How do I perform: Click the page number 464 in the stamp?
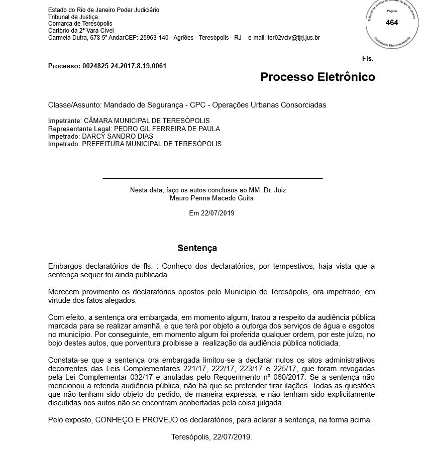click(x=392, y=23)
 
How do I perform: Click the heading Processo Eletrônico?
click(x=317, y=77)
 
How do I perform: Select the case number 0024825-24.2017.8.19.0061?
click(x=124, y=66)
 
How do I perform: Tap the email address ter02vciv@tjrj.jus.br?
click(x=293, y=38)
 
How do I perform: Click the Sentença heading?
click(x=197, y=248)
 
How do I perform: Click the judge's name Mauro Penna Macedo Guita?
click(x=212, y=198)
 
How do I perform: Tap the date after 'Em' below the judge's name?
click(x=219, y=213)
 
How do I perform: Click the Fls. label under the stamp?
click(x=368, y=59)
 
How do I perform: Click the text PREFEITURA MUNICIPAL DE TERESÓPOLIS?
click(x=152, y=144)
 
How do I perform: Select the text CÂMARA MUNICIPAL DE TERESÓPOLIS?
click(x=146, y=121)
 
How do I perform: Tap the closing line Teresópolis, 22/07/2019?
click(x=211, y=437)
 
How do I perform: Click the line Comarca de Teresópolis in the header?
click(x=80, y=24)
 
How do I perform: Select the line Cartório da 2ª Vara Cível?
click(x=81, y=31)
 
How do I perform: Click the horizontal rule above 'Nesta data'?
click(x=212, y=178)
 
